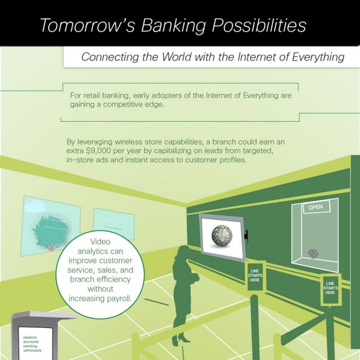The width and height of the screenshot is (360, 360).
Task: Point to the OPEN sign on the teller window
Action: click(315, 208)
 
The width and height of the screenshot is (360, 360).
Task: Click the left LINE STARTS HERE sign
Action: click(255, 276)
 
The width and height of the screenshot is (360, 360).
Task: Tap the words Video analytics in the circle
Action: click(97, 247)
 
